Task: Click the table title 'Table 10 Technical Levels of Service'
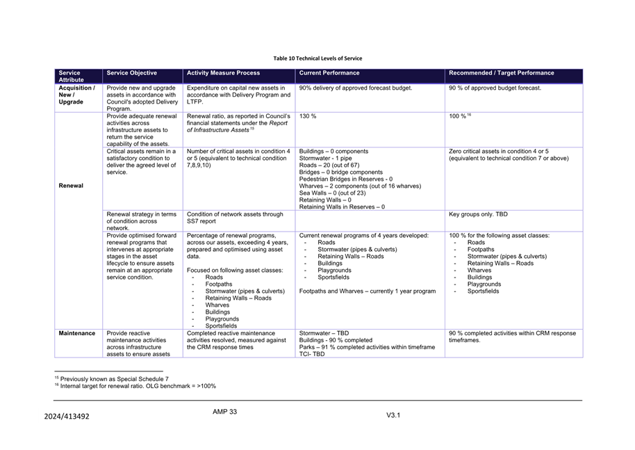[317, 58]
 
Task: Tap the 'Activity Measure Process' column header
[223, 73]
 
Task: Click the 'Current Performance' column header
[329, 73]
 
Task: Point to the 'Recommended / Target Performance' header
[502, 73]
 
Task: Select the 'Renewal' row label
[71, 186]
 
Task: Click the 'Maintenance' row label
[76, 333]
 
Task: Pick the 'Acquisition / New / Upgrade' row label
[76, 95]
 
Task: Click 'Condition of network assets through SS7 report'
[235, 218]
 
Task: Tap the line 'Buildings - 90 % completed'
[336, 340]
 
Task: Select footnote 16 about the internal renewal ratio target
[135, 386]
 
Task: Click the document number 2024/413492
[67, 417]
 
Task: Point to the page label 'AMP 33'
[224, 412]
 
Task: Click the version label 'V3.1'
[393, 415]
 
